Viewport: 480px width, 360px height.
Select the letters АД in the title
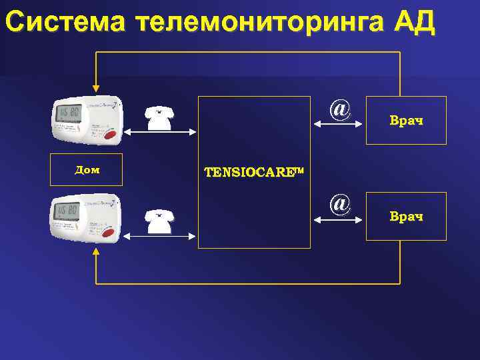coord(414,22)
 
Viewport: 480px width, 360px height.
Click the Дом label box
coord(87,170)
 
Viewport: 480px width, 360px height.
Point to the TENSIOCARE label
coord(253,172)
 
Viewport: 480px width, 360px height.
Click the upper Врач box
coord(406,121)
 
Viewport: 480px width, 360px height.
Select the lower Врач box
coord(406,217)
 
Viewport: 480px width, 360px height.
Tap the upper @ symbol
coord(340,108)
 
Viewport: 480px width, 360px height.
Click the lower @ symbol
coord(340,203)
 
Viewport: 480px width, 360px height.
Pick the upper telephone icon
coord(160,117)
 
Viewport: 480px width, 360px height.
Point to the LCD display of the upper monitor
coord(68,113)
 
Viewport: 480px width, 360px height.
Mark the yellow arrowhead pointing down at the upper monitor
coord(96,87)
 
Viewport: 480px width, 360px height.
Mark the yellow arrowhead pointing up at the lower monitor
coord(96,253)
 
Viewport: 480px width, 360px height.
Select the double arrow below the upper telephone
coord(160,135)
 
